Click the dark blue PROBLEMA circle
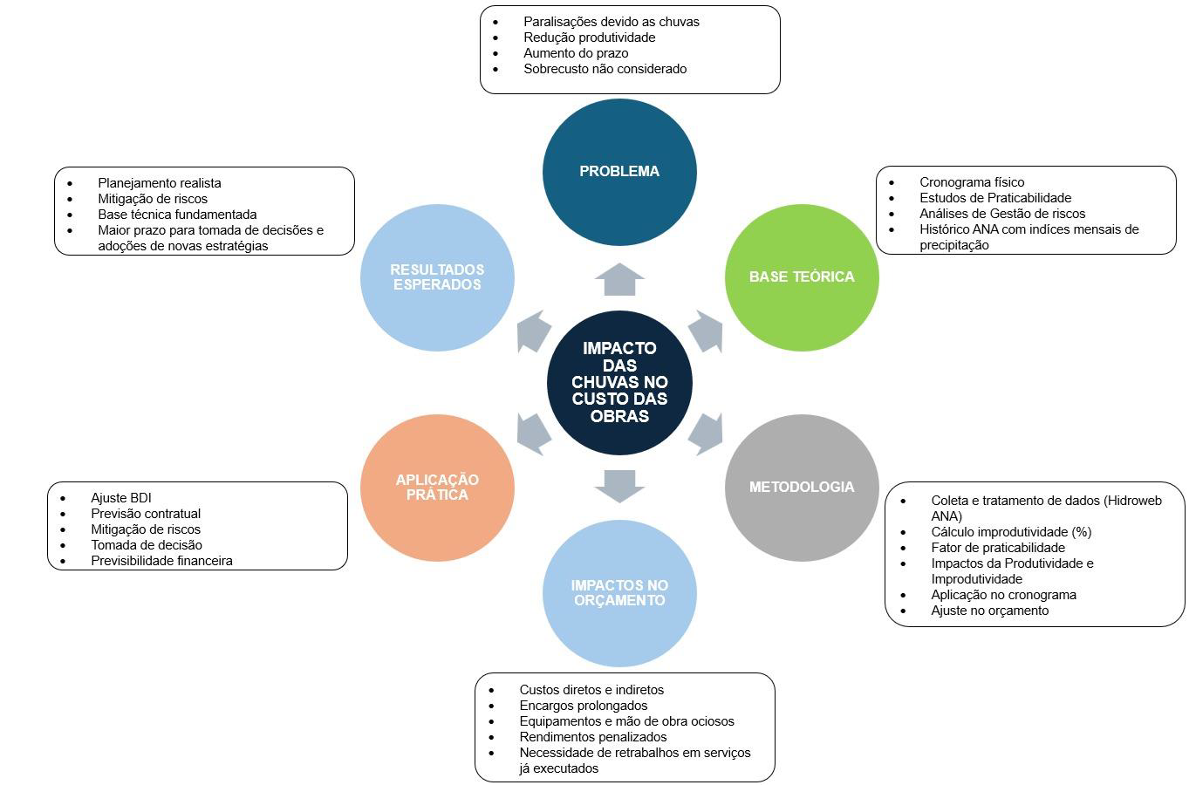[619, 172]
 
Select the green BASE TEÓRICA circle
[802, 277]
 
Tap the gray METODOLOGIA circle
[802, 488]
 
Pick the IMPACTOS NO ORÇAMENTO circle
[619, 593]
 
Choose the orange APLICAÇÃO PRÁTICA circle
[437, 488]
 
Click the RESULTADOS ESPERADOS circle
[437, 277]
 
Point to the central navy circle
[619, 383]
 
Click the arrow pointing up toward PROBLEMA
[619, 280]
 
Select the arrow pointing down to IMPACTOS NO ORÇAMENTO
[619, 486]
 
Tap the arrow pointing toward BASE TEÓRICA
[707, 331]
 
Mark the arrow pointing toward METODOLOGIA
[707, 434]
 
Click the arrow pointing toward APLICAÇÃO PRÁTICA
[533, 434]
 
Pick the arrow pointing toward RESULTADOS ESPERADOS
[533, 331]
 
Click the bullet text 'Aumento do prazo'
[576, 53]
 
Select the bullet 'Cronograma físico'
[972, 182]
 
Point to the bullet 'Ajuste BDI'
[121, 498]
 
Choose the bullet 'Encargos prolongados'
[584, 706]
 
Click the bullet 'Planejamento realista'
[160, 183]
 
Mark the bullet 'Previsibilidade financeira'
[161, 561]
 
